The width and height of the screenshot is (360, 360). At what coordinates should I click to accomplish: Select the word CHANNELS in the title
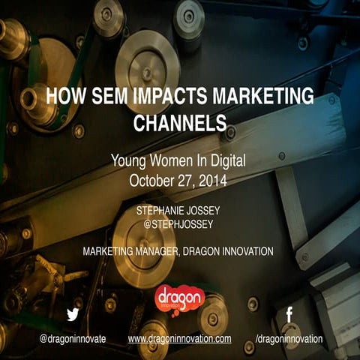coord(180,121)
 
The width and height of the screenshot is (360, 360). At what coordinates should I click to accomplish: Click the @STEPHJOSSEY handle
coord(180,224)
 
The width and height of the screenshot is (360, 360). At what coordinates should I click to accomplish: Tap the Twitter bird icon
coord(73,315)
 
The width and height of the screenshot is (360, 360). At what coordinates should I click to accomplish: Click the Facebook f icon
coord(289,315)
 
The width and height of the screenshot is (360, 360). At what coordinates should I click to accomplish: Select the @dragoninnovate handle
coord(73,339)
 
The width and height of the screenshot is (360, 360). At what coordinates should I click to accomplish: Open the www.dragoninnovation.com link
coord(180,339)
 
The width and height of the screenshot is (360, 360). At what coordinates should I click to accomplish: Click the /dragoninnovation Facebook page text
coord(289,339)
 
